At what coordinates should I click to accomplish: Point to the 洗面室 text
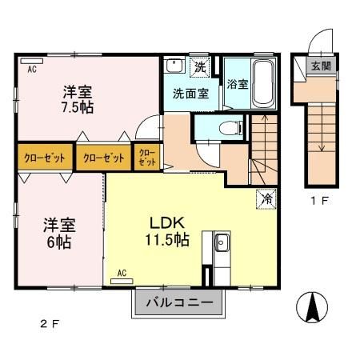click(190, 93)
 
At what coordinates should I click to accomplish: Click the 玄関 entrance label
click(321, 66)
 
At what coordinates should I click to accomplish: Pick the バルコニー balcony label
click(179, 305)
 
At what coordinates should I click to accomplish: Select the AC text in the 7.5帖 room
click(33, 70)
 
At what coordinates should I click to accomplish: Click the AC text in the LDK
click(122, 273)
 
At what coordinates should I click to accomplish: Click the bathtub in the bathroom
click(262, 83)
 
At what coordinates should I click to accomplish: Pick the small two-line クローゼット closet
click(147, 157)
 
